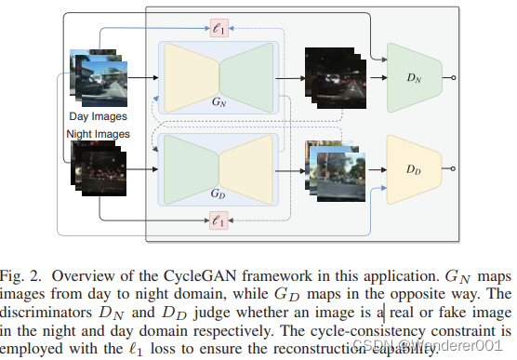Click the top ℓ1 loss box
219,30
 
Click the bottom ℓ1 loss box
219,220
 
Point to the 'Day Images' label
98,116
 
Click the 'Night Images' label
98,134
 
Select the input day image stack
98,79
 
